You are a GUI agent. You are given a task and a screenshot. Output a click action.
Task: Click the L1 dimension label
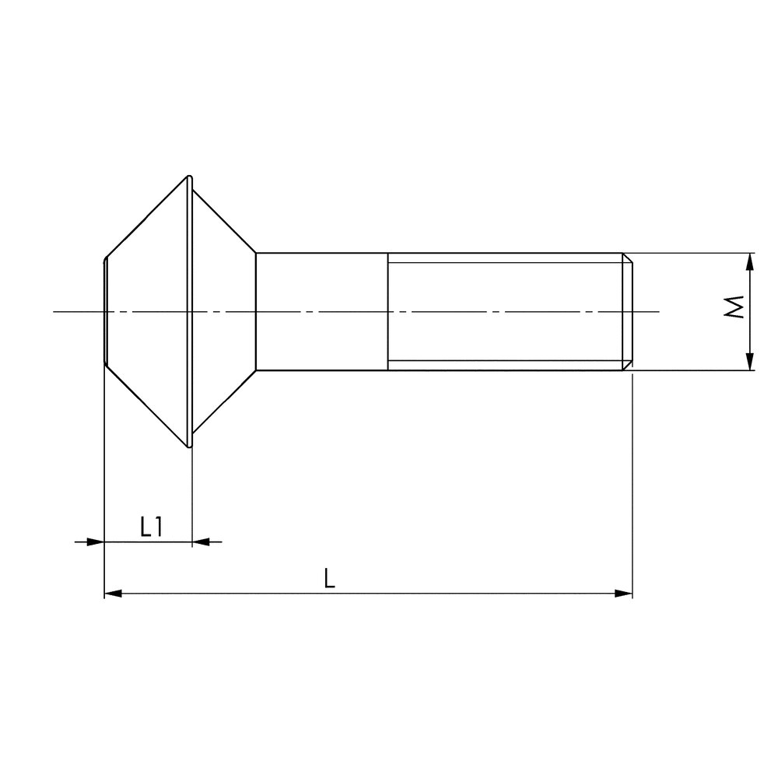pos(152,527)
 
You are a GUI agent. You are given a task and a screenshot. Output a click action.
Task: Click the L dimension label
pos(329,579)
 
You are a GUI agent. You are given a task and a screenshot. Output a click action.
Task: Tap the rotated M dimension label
pos(734,307)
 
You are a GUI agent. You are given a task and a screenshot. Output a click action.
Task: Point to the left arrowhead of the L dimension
pos(113,594)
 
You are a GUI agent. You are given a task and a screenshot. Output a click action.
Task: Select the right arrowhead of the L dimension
pos(624,594)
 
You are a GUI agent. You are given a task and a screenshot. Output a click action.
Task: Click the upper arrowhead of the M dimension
pos(750,261)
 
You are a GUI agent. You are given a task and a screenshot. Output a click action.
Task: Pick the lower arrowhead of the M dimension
pos(750,362)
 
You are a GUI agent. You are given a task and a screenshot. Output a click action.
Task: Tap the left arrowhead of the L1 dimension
pos(95,541)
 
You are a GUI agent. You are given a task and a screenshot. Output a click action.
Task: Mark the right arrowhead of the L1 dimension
pos(201,541)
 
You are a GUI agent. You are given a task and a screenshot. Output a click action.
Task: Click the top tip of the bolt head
pos(189,176)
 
